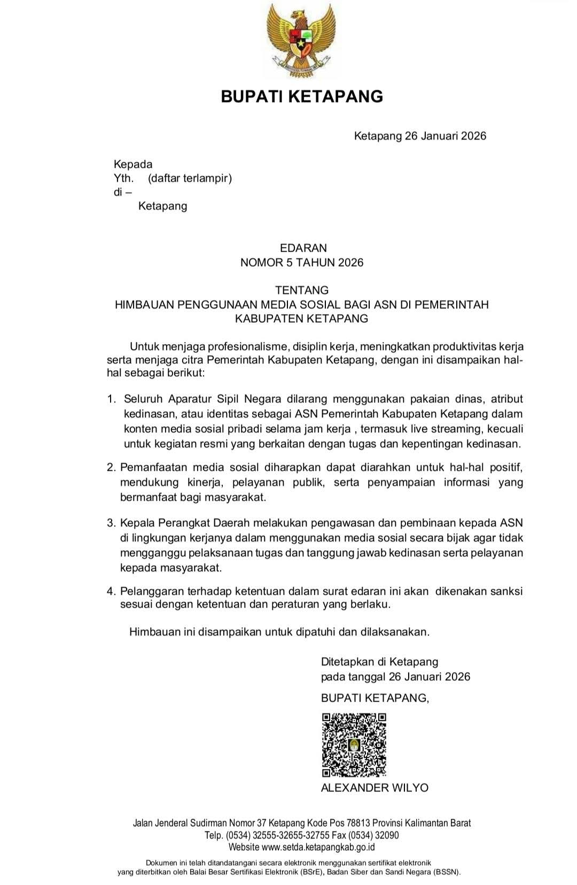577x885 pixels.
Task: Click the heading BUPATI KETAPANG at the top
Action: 302,96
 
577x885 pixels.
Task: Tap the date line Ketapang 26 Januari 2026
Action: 420,136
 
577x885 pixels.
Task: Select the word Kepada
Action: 133,164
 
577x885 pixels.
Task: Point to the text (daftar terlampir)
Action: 190,178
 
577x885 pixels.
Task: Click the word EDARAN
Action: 303,248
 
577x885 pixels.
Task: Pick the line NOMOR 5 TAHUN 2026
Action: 302,262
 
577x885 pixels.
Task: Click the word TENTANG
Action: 302,290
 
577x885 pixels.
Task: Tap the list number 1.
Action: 111,399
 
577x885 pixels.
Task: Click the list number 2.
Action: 111,468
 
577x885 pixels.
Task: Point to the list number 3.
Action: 111,523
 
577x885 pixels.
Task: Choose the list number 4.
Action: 111,591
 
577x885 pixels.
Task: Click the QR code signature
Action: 354,744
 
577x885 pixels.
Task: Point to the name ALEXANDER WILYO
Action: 375,788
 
